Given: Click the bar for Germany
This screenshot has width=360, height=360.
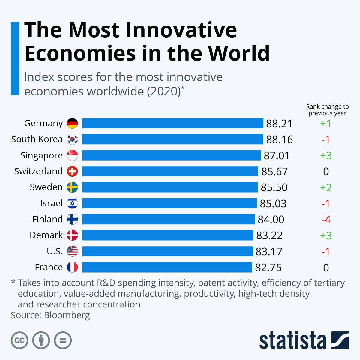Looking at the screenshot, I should point(172,123).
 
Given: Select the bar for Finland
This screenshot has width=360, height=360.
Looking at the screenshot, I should point(168,219).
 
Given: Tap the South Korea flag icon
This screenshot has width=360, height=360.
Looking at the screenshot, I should point(72,139).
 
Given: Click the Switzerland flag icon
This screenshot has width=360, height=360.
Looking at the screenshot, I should point(72,171).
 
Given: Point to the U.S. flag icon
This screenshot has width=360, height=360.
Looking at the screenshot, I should point(72,251).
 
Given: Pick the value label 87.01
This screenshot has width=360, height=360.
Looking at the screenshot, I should point(277,155).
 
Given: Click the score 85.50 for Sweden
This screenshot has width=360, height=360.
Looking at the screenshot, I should point(274,187).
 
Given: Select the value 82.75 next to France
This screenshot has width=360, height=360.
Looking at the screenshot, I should point(268,267).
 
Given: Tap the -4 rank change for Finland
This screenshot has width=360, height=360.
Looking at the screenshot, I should point(326,220).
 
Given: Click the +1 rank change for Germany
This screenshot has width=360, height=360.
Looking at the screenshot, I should point(326,124).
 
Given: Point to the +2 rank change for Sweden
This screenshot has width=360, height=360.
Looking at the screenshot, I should point(326,187).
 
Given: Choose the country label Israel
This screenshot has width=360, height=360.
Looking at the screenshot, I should point(51,203).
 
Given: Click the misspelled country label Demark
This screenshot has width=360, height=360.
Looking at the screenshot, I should point(46,235).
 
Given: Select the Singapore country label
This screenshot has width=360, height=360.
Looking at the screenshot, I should point(42,155).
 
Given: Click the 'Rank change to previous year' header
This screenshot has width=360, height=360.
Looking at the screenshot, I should point(327,110).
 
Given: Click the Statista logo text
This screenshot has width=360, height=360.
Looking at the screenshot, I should point(292,340).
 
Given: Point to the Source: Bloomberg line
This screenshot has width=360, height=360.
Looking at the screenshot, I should point(50,315).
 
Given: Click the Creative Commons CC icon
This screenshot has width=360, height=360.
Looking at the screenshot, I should point(19,340).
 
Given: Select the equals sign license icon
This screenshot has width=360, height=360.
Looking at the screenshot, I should point(63,340).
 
